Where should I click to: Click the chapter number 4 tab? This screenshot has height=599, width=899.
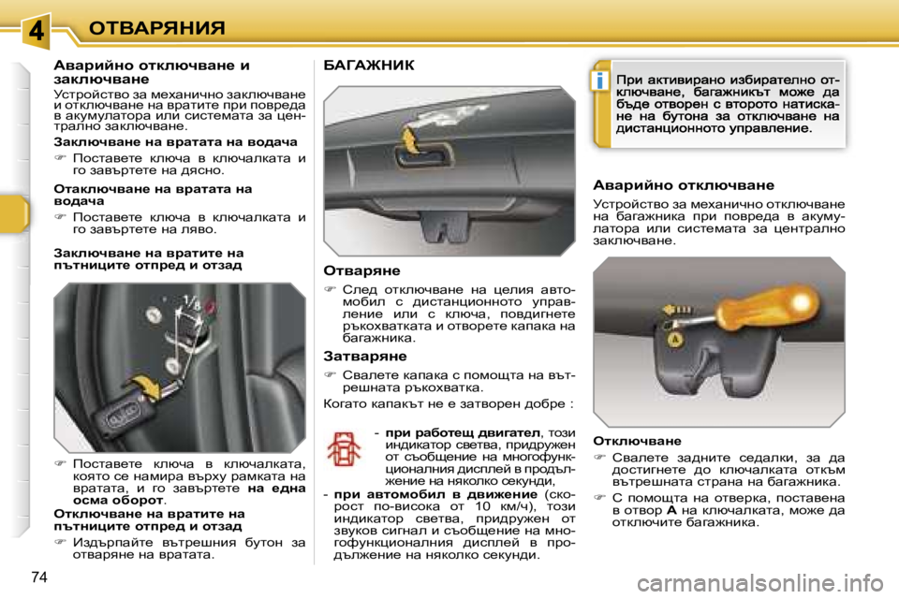click(x=35, y=29)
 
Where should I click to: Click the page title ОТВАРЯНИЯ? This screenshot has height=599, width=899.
click(x=156, y=27)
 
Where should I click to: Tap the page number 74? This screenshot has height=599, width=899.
click(x=38, y=575)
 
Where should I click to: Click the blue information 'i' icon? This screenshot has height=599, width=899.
click(x=597, y=81)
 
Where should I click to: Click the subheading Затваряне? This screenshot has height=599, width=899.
click(x=364, y=357)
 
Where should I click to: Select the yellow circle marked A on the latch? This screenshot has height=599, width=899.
click(x=698, y=342)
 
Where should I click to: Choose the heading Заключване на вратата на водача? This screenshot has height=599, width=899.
click(x=175, y=141)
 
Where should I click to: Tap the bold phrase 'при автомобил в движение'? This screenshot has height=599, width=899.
click(x=434, y=493)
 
